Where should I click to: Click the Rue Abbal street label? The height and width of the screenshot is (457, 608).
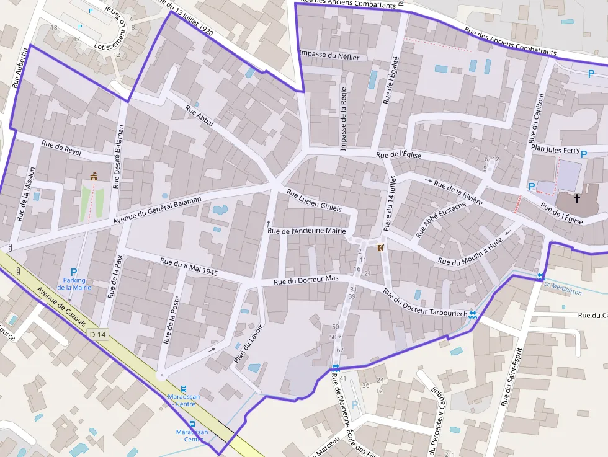click(x=199, y=116)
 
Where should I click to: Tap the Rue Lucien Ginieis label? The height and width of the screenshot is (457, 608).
click(x=314, y=200)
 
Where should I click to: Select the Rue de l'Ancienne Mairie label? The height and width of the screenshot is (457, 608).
click(x=306, y=231)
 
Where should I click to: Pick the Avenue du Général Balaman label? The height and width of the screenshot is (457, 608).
click(x=158, y=211)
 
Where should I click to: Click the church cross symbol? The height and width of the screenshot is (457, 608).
click(x=577, y=198)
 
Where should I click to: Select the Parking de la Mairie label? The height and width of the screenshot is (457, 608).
click(x=74, y=283)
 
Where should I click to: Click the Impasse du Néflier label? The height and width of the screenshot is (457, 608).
click(x=329, y=56)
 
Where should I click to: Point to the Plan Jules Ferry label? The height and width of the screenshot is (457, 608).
click(x=555, y=151)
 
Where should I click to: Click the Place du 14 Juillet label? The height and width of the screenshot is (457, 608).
click(x=389, y=203)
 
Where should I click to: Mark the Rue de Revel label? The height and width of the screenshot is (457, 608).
click(x=61, y=147)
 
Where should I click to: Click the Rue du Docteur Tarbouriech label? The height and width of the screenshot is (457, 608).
click(x=424, y=303)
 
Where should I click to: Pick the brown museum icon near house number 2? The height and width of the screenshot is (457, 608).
click(x=380, y=247)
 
